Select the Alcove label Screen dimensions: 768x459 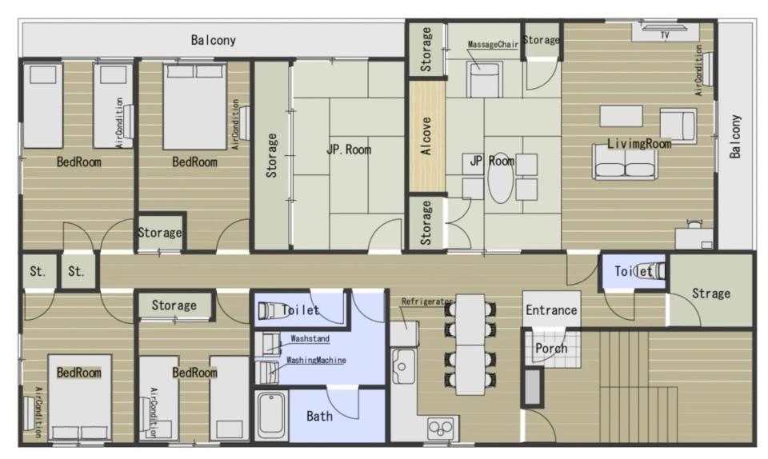coord(426,136)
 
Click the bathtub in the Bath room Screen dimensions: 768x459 coord(271,416)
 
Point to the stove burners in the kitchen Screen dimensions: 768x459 coord(441,429)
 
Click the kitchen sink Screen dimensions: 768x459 coord(403,365)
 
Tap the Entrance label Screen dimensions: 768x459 coord(551,310)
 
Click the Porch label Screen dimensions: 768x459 coord(551,349)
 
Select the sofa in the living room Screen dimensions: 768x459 coord(624,163)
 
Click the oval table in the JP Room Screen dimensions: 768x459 coord(501,178)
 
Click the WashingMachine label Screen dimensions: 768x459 coord(316,360)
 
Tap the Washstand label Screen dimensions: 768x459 coord(310,338)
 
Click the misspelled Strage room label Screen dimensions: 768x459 coord(710,293)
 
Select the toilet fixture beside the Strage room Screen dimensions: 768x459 coord(651,270)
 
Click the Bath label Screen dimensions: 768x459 coord(319,417)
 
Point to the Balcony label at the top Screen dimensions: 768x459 coord(213,40)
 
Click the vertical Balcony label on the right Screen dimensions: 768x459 coord(734,137)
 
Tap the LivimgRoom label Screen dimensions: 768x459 coord(639,143)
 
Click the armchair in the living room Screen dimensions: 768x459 coord(678,125)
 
